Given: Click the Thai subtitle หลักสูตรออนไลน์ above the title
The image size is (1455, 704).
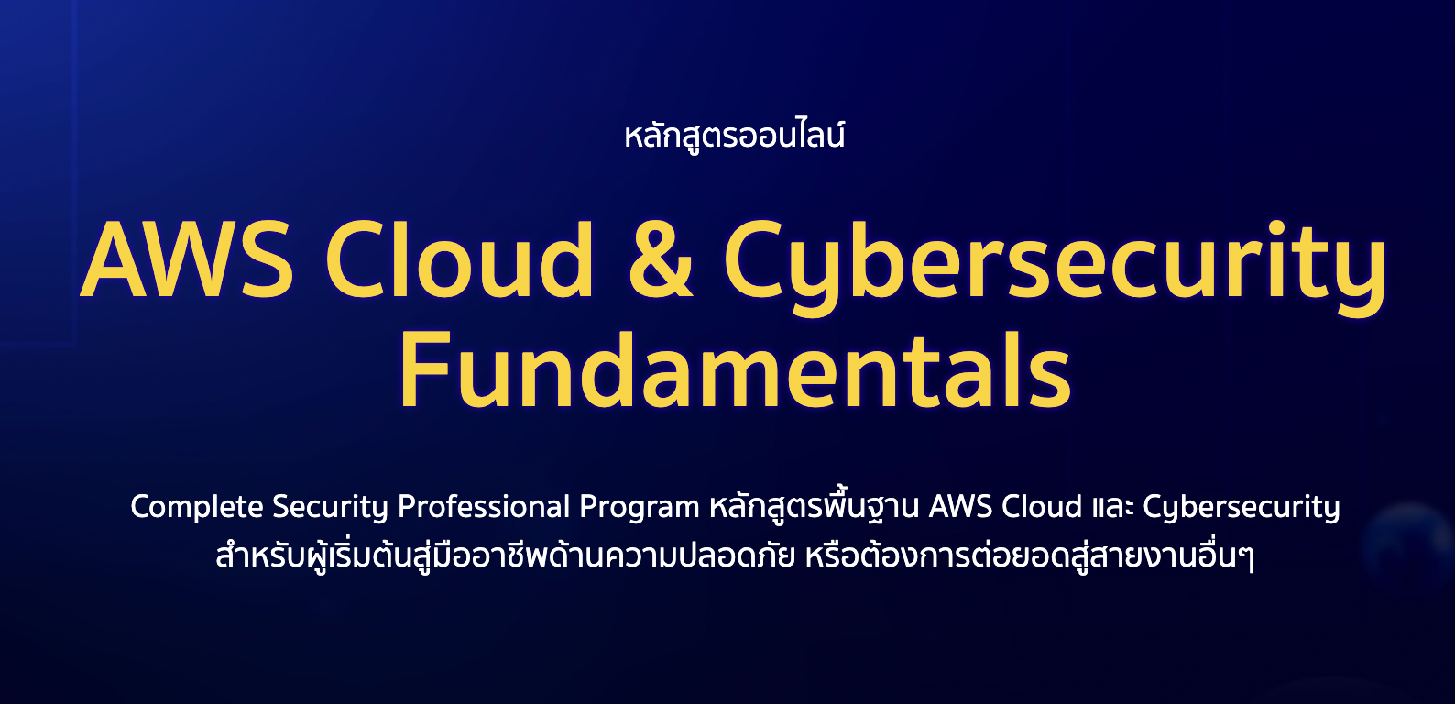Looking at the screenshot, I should click(734, 137).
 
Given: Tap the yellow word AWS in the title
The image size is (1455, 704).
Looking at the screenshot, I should click(187, 260).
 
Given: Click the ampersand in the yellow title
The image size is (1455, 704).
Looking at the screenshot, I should click(661, 260).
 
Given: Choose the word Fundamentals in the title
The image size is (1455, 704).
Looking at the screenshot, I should click(735, 371).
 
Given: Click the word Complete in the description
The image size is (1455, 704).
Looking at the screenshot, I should click(197, 507).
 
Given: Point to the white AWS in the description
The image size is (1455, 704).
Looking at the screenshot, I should click(959, 507).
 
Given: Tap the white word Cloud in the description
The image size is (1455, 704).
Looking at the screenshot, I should click(1042, 507).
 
